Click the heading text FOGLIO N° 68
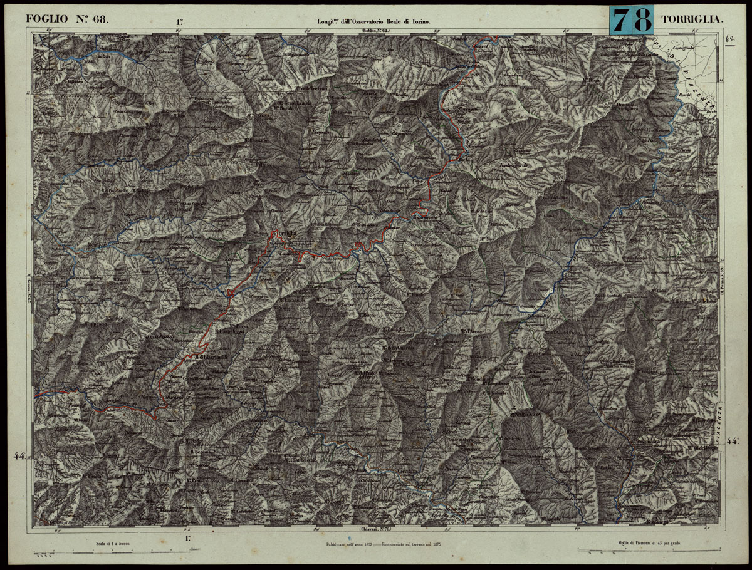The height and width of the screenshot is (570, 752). (x=67, y=19)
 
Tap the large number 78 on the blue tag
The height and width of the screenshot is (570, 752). (x=631, y=20)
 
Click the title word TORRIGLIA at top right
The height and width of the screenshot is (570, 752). (x=692, y=20)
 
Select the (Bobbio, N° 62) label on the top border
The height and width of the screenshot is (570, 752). (x=375, y=31)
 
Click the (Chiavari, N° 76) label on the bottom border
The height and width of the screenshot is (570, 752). (x=375, y=530)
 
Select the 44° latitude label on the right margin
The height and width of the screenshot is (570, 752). (x=733, y=441)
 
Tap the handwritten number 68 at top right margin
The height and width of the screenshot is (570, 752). (x=730, y=38)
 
